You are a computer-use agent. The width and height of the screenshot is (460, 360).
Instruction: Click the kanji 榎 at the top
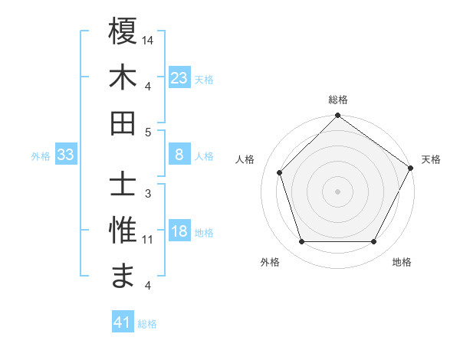pos(123,31)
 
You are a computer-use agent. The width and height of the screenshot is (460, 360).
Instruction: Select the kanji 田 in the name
pos(123,123)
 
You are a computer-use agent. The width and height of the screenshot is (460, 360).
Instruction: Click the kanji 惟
pos(123,231)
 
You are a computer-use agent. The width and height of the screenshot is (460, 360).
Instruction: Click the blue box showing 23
pos(179,77)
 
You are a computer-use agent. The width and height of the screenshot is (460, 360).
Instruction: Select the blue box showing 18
pos(179,232)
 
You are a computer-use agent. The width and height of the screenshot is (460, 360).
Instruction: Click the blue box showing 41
pos(123,322)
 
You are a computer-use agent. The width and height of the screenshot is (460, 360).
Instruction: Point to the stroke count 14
pos(148,39)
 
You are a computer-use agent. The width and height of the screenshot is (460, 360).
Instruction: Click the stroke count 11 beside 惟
pos(148,240)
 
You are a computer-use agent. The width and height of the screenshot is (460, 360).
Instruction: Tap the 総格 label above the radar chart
pos(337,100)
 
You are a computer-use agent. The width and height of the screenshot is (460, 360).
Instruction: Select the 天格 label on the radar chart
pos(431,159)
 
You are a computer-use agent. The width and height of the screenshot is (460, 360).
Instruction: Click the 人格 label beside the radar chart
pos(245,159)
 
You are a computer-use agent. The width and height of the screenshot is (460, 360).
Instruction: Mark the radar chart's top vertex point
pos(337,117)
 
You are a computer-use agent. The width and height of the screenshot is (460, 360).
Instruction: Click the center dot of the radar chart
pos(337,191)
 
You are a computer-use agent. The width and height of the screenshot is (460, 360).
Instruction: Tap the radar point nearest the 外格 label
pos(301,242)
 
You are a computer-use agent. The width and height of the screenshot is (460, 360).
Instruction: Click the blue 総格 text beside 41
pos(147,324)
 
